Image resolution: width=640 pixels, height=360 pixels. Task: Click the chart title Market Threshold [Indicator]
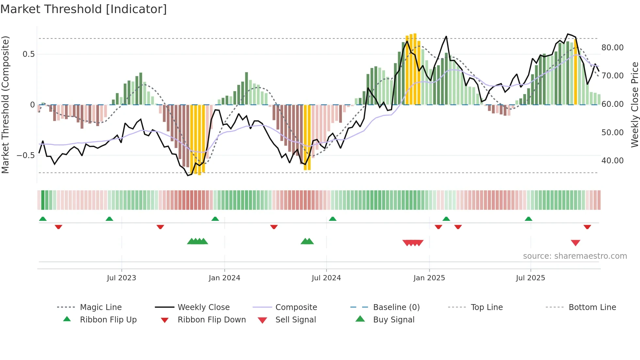point(84,9)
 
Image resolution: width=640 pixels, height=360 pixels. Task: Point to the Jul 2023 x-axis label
point(121,278)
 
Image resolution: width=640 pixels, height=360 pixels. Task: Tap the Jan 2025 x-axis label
point(429,278)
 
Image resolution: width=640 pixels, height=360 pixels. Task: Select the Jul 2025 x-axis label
point(530,278)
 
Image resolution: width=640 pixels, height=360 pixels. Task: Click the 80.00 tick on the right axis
point(612,48)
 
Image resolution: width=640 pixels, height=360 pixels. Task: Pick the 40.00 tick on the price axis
point(612,161)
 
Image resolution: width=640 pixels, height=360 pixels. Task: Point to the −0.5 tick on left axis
point(25,155)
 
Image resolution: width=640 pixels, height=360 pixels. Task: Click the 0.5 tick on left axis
point(28,54)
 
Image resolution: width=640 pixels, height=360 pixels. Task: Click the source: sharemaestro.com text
point(575,256)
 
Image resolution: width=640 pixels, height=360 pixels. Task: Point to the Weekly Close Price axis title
point(634,105)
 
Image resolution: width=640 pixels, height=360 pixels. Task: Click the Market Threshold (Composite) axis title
point(5,105)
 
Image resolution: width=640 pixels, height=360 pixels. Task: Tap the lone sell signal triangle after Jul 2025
point(575,243)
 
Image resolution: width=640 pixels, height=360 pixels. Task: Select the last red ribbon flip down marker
point(587,227)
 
